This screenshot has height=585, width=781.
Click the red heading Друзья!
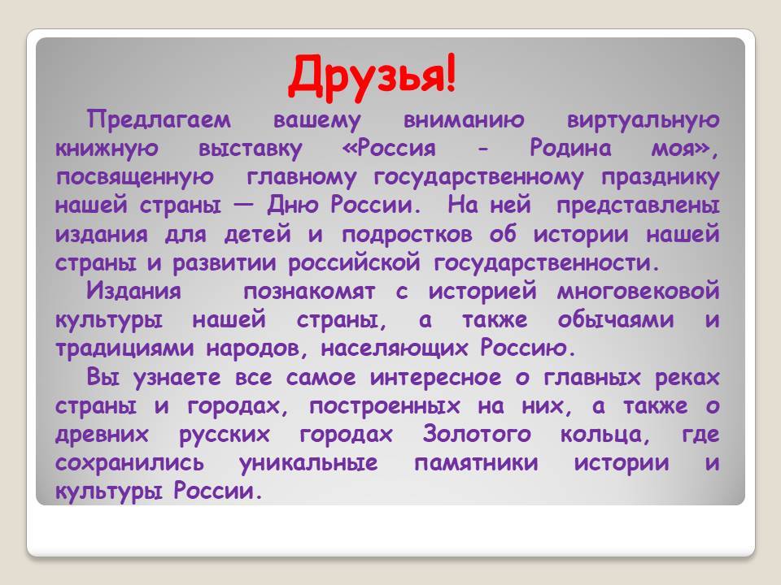click(x=372, y=76)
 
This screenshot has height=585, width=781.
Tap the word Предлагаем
click(x=159, y=120)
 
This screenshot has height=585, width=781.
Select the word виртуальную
click(x=643, y=120)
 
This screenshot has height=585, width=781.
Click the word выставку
click(x=250, y=149)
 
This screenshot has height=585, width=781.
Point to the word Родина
click(x=570, y=148)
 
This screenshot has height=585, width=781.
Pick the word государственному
click(x=478, y=178)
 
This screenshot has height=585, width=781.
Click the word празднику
click(x=661, y=178)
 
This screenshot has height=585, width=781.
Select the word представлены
click(x=638, y=206)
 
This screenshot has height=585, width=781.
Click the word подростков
click(x=407, y=235)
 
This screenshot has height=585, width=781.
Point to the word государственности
click(x=542, y=263)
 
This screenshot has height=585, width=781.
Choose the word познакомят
click(x=309, y=292)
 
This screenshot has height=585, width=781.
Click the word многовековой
click(x=638, y=292)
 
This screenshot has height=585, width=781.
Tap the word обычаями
click(x=616, y=320)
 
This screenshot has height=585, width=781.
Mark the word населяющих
click(x=395, y=349)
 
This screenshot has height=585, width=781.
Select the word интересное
click(x=435, y=378)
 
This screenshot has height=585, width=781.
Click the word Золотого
click(x=477, y=434)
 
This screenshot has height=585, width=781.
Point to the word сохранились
click(x=129, y=463)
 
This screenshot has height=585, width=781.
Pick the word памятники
click(x=476, y=463)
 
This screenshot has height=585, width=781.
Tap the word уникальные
click(x=308, y=463)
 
